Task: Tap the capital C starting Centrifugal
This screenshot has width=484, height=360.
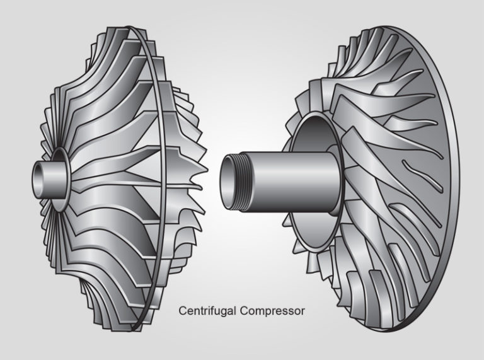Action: click(x=183, y=311)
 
